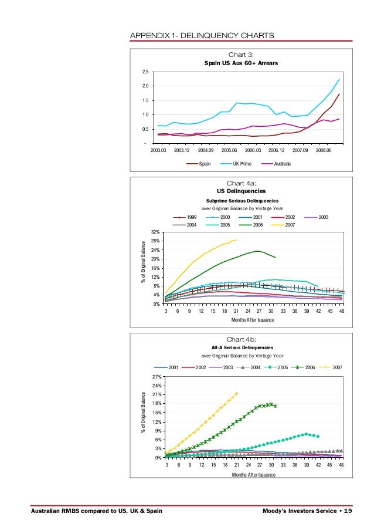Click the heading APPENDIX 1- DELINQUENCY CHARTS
201,35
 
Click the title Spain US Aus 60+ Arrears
241,62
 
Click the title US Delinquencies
241,191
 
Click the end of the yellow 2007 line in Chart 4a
236,239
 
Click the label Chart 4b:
241,339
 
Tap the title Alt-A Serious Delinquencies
241,347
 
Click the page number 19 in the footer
348,511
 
